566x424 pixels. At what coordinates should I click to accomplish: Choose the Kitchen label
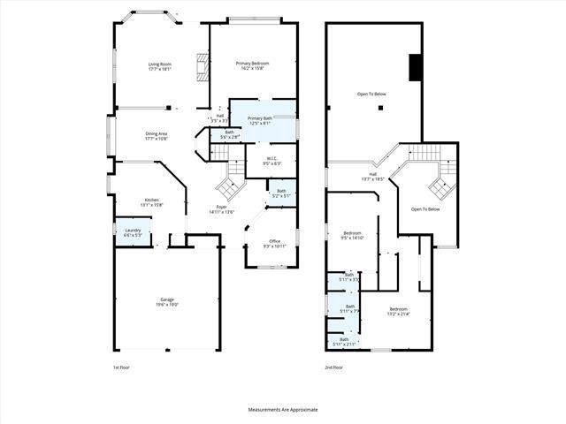coord(152,202)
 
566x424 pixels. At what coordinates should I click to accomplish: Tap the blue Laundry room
coord(132,233)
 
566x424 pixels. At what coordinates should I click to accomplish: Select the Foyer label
coord(220,209)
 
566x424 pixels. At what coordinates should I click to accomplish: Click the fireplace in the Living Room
coord(202,67)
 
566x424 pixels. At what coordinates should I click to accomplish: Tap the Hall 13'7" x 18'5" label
coord(372,176)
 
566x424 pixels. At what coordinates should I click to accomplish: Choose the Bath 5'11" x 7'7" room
coord(349,308)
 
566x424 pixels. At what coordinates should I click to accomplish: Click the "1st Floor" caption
coord(121,366)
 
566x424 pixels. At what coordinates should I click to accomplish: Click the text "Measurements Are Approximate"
coord(283,410)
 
